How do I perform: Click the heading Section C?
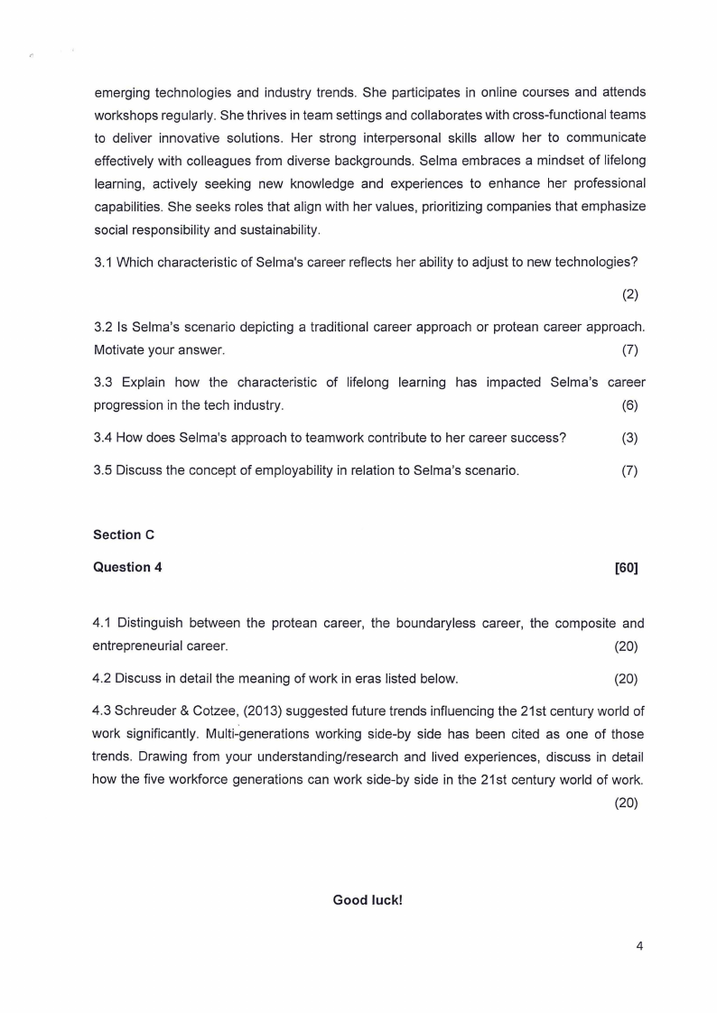(124, 534)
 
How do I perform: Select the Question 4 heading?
(127, 567)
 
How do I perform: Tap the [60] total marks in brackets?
(626, 567)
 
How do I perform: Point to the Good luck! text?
(368, 900)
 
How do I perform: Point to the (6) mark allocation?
(629, 405)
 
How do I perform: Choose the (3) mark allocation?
(629, 438)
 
